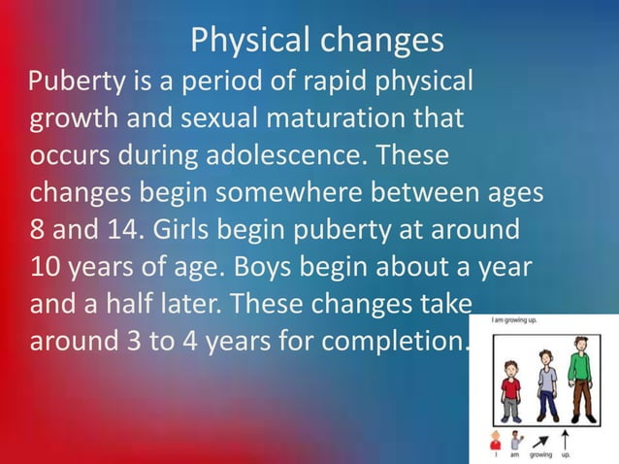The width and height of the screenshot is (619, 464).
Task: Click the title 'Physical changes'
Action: tap(316, 41)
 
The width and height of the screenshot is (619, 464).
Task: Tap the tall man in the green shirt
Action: tap(581, 373)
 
